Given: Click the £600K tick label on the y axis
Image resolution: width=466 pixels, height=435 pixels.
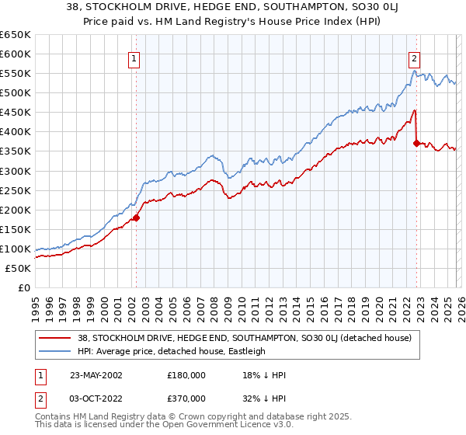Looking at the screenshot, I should tap(16, 54).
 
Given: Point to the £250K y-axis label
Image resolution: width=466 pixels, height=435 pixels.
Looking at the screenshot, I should tap(16, 190).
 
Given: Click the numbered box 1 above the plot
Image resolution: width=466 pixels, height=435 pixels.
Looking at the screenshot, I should tap(134, 57).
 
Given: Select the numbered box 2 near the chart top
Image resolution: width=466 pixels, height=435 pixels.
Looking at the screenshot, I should tap(415, 57).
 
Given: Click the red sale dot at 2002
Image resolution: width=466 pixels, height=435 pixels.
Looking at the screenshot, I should tap(136, 217).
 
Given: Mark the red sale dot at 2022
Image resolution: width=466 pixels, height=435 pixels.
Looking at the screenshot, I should tap(417, 143).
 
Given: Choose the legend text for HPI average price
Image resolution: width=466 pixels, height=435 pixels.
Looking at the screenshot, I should tap(172, 351).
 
